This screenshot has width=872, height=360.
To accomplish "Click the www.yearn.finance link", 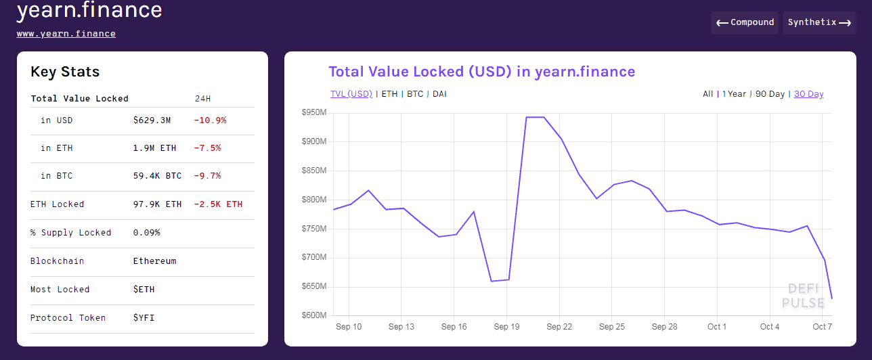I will pyautogui.click(x=66, y=34).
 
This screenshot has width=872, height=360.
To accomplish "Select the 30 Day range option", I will pyautogui.click(x=808, y=94).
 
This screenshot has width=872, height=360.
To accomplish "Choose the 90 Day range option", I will pyautogui.click(x=770, y=94).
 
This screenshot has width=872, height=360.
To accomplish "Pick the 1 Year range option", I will pyautogui.click(x=734, y=94).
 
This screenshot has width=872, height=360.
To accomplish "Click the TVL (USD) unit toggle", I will pyautogui.click(x=351, y=94).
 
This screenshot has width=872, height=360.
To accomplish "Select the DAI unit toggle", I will pyautogui.click(x=439, y=94).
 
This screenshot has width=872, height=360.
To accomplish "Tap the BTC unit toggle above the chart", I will pyautogui.click(x=415, y=94).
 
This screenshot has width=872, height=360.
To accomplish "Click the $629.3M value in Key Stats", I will pyautogui.click(x=152, y=120).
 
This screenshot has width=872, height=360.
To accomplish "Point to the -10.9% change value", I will pyautogui.click(x=210, y=120).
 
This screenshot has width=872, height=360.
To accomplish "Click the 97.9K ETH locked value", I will pyautogui.click(x=157, y=204).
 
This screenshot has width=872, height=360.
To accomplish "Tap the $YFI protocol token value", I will pyautogui.click(x=144, y=318).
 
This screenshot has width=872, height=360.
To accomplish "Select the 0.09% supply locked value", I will pyautogui.click(x=146, y=233).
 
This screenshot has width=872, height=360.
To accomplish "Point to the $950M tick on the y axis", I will pyautogui.click(x=314, y=113).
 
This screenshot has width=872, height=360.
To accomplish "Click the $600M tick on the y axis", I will pyautogui.click(x=314, y=316).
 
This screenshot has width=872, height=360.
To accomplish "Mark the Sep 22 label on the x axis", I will pyautogui.click(x=559, y=327).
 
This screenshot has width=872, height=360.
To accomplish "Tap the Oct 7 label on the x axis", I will pyautogui.click(x=823, y=327).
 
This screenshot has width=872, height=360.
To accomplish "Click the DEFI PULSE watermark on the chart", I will pyautogui.click(x=803, y=296).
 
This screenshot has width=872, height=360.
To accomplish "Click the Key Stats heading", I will pyautogui.click(x=65, y=72).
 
